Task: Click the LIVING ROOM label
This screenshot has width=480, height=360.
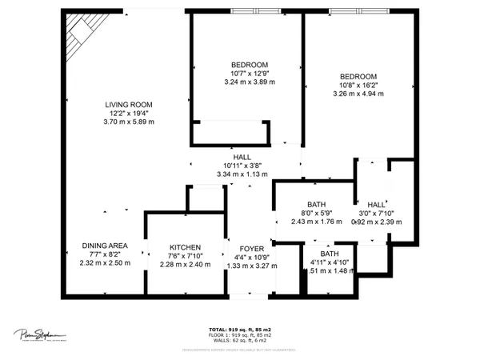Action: (129, 104)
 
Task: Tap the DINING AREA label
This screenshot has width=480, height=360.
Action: (105, 246)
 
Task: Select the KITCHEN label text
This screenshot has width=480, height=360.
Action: (185, 247)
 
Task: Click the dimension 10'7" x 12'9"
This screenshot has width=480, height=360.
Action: (249, 73)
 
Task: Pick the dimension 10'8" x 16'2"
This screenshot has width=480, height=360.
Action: (358, 85)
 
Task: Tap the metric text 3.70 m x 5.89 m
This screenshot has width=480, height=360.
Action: (129, 122)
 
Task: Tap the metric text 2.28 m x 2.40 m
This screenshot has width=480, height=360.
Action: (185, 264)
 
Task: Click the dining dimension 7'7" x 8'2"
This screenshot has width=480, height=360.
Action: (105, 254)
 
